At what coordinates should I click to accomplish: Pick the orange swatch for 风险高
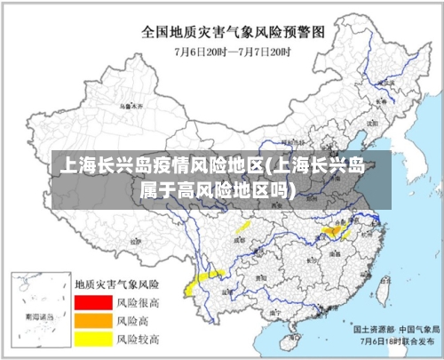click(x=93, y=320)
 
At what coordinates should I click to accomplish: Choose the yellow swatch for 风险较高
click(x=93, y=338)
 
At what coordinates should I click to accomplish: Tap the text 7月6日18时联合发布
click(x=394, y=340)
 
